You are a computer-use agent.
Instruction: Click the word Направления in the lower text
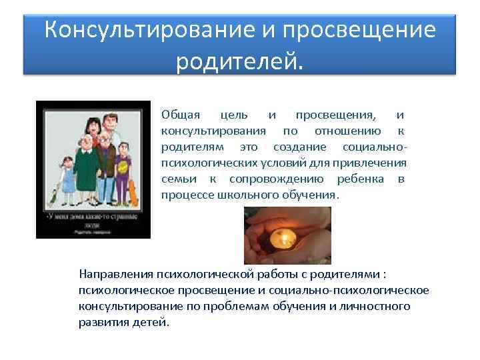click(115, 273)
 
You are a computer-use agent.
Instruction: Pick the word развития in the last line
click(101, 322)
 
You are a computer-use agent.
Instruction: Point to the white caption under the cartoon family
click(93, 221)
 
